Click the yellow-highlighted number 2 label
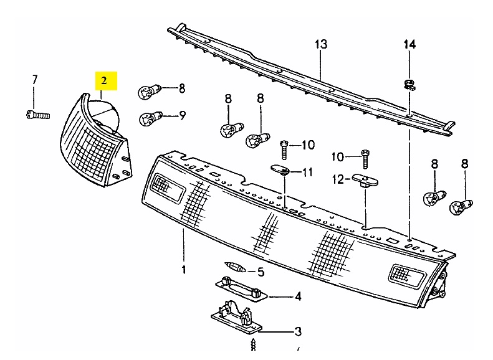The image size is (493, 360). tap(105, 80)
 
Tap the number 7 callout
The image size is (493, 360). tap(35, 79)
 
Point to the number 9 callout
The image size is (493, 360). tap(182, 115)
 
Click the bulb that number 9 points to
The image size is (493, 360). tap(150, 116)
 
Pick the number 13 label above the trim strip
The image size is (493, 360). tap(320, 45)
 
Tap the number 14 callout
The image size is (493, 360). tap(409, 44)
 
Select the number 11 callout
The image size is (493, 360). tap(308, 171)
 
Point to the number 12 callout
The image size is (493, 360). tap(337, 179)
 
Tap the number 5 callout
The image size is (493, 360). tap(261, 272)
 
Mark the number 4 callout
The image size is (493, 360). tap(298, 296)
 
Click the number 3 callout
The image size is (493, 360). tap(298, 331)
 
